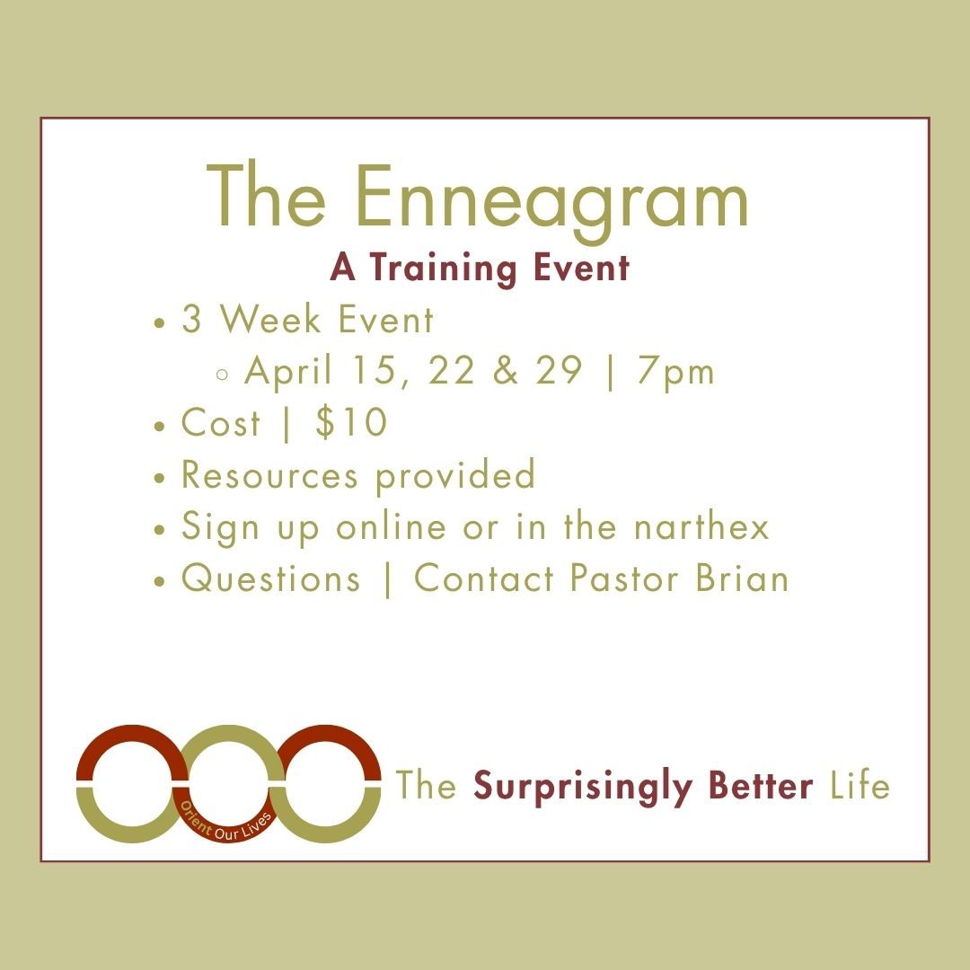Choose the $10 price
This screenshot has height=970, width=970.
coord(351,423)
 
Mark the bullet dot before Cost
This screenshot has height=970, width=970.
coord(159,426)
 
